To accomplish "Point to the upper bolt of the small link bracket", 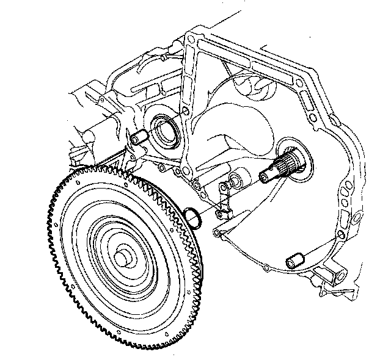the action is pos(223,186).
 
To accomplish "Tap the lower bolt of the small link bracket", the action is pos(224,212).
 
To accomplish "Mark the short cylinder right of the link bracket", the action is pos(236,181).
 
